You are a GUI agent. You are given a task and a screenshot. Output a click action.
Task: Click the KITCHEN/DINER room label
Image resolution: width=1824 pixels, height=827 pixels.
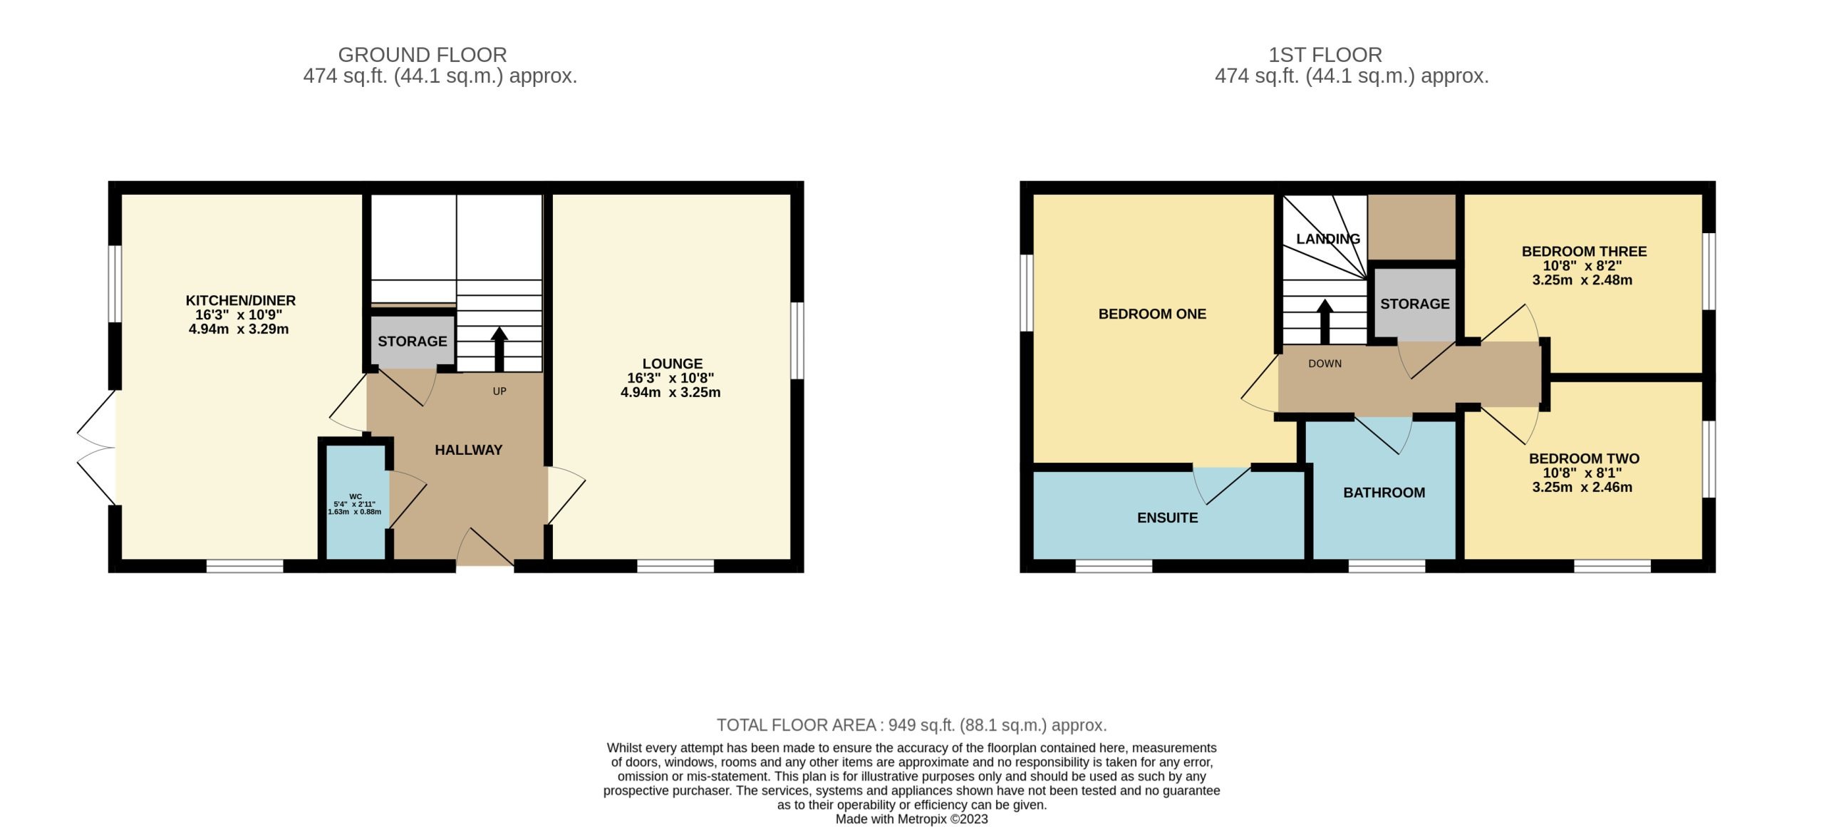(241, 301)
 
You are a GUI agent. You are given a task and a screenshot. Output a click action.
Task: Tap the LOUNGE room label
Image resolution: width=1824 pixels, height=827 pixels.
(673, 364)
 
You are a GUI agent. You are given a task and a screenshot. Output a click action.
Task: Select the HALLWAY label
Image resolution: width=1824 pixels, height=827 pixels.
(469, 450)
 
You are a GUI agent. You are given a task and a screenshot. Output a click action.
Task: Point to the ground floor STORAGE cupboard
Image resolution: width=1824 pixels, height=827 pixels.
(413, 341)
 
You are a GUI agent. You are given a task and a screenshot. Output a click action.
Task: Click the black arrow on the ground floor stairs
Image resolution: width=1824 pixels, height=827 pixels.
(499, 349)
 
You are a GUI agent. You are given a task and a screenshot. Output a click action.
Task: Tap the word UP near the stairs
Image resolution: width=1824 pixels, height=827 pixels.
(499, 391)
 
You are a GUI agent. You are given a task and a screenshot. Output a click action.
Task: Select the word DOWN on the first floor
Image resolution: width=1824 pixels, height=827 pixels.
(1325, 364)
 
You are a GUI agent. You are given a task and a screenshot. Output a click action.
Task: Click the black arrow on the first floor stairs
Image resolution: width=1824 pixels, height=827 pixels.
(1325, 322)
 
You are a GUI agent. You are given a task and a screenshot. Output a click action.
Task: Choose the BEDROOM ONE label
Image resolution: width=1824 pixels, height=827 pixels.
(1152, 314)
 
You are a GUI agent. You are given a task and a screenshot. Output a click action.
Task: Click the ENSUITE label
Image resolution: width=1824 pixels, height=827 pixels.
(1168, 518)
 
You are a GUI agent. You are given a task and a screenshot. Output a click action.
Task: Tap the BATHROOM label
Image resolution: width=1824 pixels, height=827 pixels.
(1384, 493)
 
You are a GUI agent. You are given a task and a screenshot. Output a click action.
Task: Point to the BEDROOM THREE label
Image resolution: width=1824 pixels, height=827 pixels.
(1585, 252)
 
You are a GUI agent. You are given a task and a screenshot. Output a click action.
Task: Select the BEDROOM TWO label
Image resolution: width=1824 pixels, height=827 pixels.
(1585, 459)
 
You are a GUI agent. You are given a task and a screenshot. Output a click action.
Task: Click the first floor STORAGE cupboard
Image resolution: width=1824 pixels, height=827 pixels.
(1415, 304)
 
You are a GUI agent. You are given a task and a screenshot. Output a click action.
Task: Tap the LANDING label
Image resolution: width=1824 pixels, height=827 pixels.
(1328, 239)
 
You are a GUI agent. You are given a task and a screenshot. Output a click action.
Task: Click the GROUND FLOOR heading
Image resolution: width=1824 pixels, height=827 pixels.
(423, 55)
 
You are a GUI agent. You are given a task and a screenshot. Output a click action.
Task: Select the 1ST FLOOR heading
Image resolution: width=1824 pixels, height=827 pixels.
(1325, 55)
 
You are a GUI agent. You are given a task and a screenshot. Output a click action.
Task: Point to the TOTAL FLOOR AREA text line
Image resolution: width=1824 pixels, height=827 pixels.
(912, 725)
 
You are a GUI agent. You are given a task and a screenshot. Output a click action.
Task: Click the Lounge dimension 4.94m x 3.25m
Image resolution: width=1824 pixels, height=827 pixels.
(670, 392)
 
